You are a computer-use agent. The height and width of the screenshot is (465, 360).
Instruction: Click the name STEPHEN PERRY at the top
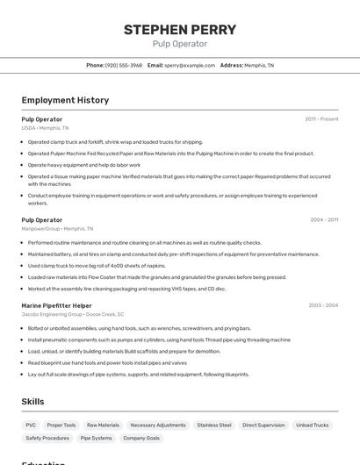coord(179,29)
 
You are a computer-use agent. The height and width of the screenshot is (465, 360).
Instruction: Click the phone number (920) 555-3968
coord(124,65)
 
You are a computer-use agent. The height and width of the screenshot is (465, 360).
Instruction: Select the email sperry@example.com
coord(189,65)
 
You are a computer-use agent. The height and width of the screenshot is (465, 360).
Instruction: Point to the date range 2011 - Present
coord(321,118)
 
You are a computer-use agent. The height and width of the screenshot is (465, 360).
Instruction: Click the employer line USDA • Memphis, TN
coord(45,128)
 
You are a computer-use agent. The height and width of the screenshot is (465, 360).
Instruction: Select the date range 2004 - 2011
coord(324,219)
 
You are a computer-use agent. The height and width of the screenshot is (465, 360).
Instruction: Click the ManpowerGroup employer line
coord(56,229)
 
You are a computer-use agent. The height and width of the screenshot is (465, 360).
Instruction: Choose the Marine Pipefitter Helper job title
coord(56,305)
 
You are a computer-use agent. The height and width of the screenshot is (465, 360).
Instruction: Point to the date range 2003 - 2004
coord(323,305)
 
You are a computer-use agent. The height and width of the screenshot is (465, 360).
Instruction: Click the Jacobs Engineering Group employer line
coord(73,314)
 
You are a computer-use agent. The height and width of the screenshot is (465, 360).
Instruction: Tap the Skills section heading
coord(33,401)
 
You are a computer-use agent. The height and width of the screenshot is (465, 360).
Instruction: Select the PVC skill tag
coord(31,425)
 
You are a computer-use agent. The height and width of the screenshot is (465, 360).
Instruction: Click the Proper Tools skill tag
coord(61,425)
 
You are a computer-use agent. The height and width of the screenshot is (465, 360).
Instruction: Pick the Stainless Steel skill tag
coord(214,425)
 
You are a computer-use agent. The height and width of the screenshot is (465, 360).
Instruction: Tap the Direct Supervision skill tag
coord(263,425)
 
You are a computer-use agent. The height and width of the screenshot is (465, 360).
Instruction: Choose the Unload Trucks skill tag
coord(313,425)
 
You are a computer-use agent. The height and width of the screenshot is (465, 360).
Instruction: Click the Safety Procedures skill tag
coord(47,438)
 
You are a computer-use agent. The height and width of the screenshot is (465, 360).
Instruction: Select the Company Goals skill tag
coord(141,438)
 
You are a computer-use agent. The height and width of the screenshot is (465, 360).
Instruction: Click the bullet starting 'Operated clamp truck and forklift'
coord(115,142)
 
